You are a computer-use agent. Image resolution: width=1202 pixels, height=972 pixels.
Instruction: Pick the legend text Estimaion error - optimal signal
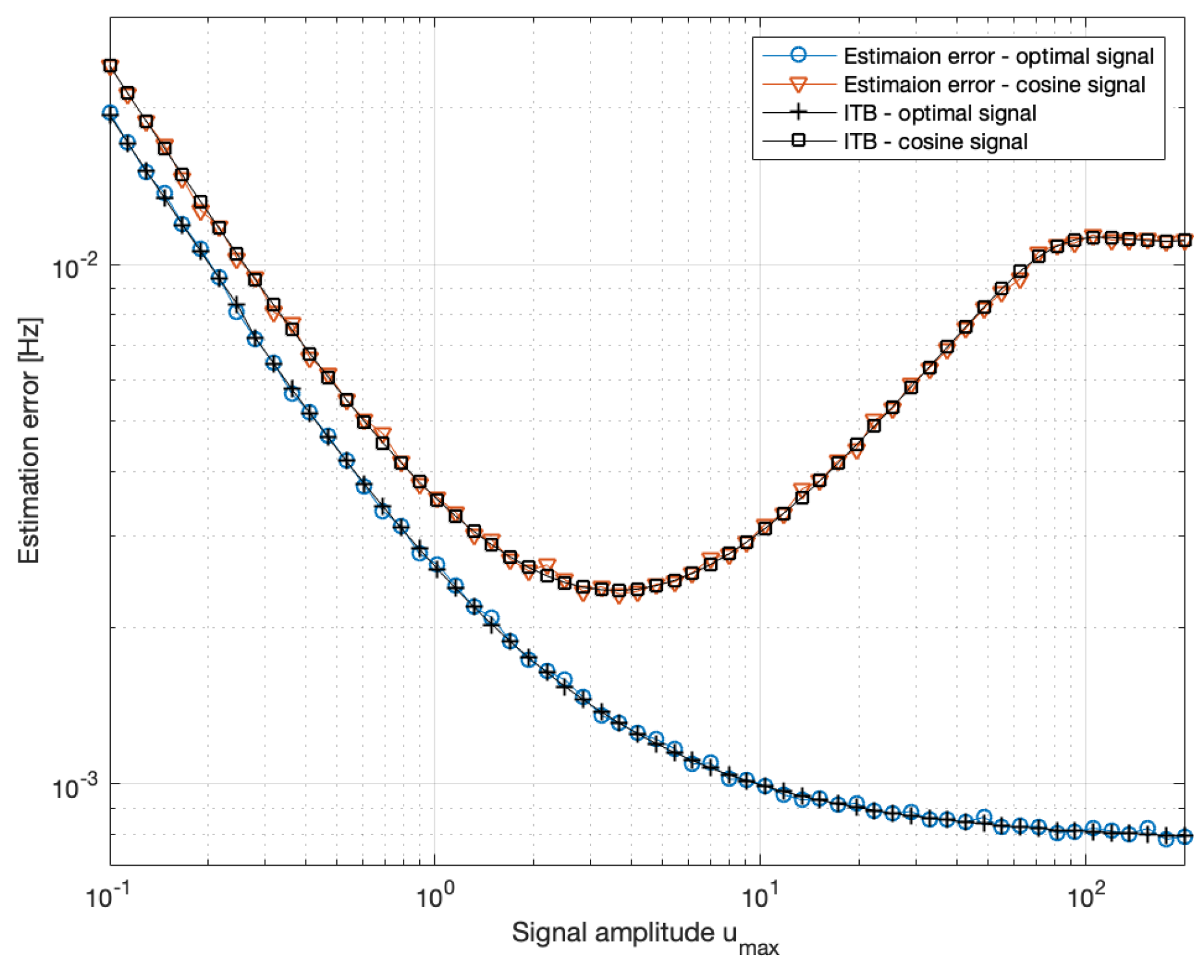998,56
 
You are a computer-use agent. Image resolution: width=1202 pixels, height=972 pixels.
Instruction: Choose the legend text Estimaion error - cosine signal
994,85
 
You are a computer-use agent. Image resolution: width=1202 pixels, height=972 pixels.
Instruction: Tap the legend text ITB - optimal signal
939,113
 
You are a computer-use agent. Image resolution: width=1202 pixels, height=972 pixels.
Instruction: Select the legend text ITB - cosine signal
935,142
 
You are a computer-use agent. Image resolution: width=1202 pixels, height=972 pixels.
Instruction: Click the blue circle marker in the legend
799,55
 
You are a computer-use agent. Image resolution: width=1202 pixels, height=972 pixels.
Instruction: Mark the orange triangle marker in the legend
799,85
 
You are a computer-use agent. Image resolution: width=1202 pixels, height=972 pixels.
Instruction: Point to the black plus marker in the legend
799,112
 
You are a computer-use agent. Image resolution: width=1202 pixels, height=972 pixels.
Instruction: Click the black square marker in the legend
799,141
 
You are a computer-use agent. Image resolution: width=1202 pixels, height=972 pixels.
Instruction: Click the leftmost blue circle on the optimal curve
110,113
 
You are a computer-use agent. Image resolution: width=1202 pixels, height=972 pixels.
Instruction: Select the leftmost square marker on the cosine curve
110,65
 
